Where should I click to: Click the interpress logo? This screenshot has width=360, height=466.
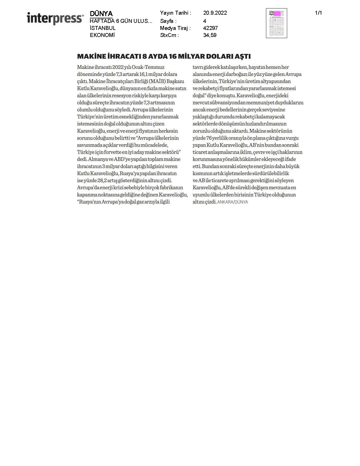point(55,18)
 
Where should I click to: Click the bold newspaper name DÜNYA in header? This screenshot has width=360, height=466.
point(101,14)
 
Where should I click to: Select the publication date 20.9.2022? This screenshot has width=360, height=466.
point(215,13)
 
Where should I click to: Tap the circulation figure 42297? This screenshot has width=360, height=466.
point(210,28)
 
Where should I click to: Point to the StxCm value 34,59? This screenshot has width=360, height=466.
point(210,35)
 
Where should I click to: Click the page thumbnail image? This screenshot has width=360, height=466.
point(276,23)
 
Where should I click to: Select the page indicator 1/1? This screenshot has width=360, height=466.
point(318,13)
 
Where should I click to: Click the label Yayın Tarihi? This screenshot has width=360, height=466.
point(175,13)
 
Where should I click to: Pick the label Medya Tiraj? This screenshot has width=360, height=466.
point(175,28)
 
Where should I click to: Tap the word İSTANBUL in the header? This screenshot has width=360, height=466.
point(103,28)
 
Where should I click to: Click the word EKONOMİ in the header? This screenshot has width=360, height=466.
point(102,35)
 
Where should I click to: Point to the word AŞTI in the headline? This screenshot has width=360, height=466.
point(243,56)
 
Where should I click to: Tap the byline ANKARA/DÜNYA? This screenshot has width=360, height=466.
point(232,202)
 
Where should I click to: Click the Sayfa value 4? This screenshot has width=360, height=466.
point(205,21)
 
